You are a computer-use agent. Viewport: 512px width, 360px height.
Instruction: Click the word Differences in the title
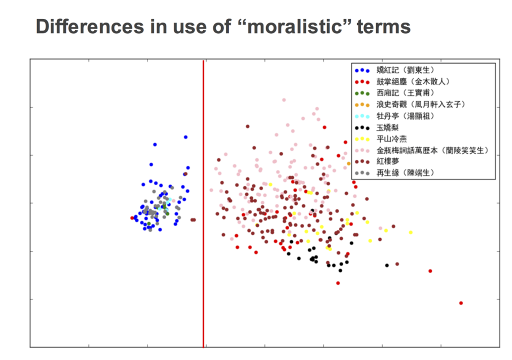[90, 26]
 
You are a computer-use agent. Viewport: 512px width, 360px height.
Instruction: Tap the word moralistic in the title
[294, 26]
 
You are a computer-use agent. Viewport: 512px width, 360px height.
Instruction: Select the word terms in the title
[383, 27]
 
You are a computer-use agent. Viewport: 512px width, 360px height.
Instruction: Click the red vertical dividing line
[203, 204]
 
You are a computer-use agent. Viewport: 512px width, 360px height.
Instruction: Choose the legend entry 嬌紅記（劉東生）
[405, 70]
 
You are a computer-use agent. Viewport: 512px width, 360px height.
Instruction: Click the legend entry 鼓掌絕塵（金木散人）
[412, 81]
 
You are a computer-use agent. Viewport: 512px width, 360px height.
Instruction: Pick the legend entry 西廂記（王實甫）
[405, 93]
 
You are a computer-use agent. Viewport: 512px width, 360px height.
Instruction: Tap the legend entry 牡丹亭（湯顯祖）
[405, 116]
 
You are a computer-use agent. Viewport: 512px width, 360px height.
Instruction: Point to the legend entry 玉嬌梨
[387, 127]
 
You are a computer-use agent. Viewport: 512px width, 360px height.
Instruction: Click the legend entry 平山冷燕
[391, 139]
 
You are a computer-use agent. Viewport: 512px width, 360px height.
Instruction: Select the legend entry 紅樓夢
[387, 161]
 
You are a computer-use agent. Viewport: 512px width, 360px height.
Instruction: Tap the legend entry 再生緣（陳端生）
[405, 172]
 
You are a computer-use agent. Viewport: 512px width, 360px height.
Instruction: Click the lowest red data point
[461, 303]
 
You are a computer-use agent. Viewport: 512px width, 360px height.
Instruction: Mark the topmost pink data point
[284, 100]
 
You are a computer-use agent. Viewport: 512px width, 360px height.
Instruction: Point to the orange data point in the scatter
[348, 163]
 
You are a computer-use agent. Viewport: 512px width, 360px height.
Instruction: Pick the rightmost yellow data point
[411, 232]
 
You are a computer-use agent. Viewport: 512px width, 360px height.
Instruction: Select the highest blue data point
[185, 137]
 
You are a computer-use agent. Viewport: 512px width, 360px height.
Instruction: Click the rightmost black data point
[387, 265]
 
